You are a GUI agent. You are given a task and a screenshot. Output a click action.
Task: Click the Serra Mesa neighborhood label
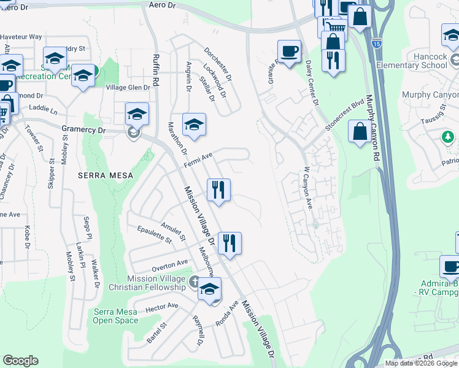102,175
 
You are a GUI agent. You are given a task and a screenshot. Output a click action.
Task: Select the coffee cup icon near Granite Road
288,51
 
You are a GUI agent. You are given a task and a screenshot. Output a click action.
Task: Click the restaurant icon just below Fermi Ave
218,190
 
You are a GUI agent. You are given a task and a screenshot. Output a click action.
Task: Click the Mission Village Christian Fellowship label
156,283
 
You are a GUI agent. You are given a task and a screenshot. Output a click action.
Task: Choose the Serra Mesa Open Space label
115,315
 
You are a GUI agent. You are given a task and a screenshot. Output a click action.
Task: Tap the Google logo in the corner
21,361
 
